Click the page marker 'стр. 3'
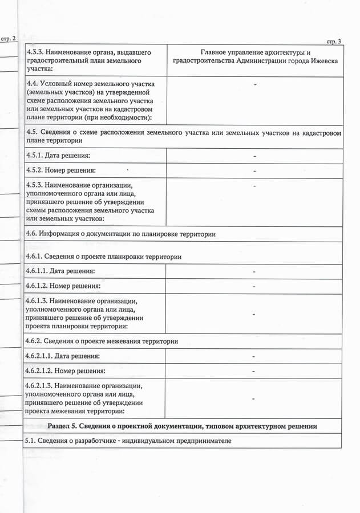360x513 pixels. tap(333, 42)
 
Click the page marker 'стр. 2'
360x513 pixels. tap(9, 38)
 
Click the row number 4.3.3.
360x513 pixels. tap(35, 52)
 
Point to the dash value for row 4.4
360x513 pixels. tap(254, 84)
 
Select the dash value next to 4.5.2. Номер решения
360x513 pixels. tap(254, 170)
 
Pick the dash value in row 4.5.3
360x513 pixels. tap(254, 185)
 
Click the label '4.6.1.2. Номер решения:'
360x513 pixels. tap(63, 286)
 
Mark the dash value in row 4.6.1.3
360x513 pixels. tap(254, 313)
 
